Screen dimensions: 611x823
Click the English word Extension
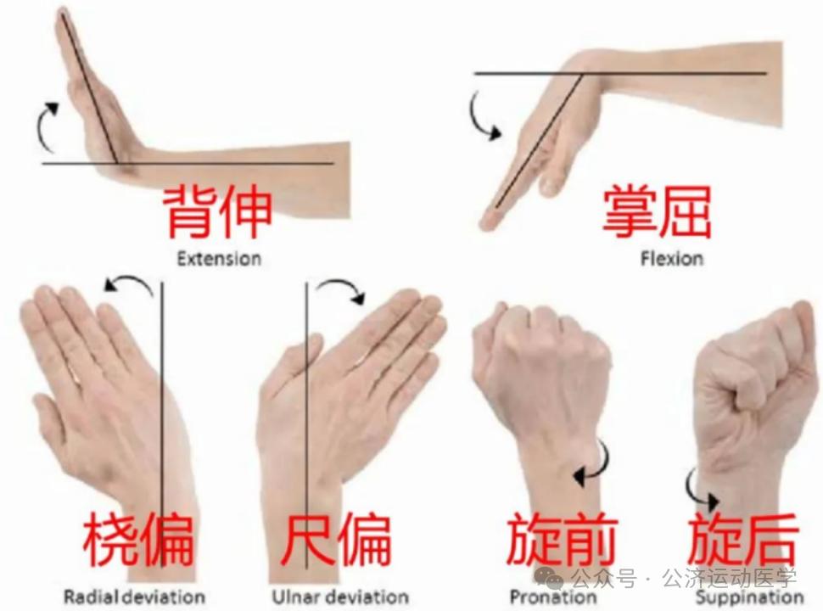click(219, 258)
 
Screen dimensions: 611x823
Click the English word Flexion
click(671, 257)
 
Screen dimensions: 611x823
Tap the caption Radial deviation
click(134, 597)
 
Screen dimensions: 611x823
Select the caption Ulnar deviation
click(340, 597)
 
